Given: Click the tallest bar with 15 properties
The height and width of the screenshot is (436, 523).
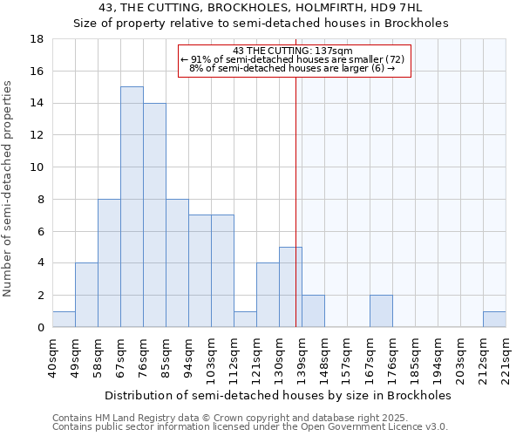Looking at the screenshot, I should pyautogui.click(x=132, y=207).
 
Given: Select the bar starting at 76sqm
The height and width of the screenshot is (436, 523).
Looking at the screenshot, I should pyautogui.click(x=154, y=215).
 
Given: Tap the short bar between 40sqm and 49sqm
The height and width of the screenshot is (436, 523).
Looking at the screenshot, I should pyautogui.click(x=64, y=319).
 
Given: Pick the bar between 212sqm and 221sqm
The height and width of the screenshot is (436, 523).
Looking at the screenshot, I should pyautogui.click(x=494, y=319).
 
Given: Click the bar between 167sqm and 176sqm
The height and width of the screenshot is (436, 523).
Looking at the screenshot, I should pyautogui.click(x=381, y=311).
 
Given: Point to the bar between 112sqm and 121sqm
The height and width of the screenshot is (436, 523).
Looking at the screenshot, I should pyautogui.click(x=245, y=319).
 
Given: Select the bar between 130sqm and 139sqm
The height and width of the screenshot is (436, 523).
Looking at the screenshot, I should pyautogui.click(x=290, y=287).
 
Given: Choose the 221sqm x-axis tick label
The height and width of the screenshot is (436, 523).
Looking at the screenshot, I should pyautogui.click(x=506, y=358).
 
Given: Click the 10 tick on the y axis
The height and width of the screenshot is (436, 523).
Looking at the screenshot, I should pyautogui.click(x=37, y=167).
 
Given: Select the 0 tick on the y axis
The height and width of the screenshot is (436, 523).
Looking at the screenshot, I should pyautogui.click(x=40, y=328).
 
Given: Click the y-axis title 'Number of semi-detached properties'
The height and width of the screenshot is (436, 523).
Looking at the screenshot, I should pyautogui.click(x=9, y=188).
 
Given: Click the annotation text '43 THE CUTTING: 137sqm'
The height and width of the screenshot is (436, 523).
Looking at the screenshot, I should pyautogui.click(x=293, y=51).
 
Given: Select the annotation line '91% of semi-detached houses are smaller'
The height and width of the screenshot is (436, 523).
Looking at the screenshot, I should pyautogui.click(x=293, y=59).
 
